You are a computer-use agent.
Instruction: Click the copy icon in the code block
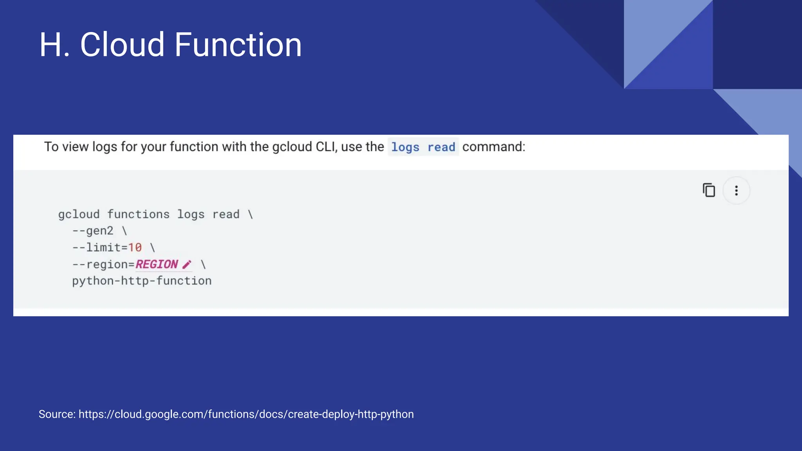click(709, 190)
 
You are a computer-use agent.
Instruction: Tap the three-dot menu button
click(736, 191)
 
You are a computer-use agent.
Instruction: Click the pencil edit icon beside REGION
click(187, 265)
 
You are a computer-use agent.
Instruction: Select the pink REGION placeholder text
click(157, 265)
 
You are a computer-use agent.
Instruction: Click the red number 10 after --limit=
click(135, 248)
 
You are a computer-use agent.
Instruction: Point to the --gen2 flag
click(93, 231)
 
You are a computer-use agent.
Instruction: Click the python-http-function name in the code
click(142, 281)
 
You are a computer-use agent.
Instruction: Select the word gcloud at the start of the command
click(79, 215)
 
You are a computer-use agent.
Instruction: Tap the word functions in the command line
click(138, 215)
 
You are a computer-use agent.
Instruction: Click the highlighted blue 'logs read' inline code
click(423, 147)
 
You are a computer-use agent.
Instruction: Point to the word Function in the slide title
click(238, 45)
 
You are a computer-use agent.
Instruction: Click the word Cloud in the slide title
click(122, 45)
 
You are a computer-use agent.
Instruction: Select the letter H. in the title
click(54, 45)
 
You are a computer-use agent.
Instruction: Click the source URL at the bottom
click(246, 414)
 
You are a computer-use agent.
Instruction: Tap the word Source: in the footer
click(57, 414)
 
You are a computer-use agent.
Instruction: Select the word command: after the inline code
click(493, 147)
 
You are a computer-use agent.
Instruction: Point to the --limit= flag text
click(100, 248)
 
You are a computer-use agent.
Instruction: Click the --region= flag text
click(103, 265)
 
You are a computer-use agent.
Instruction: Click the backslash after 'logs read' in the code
click(251, 215)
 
